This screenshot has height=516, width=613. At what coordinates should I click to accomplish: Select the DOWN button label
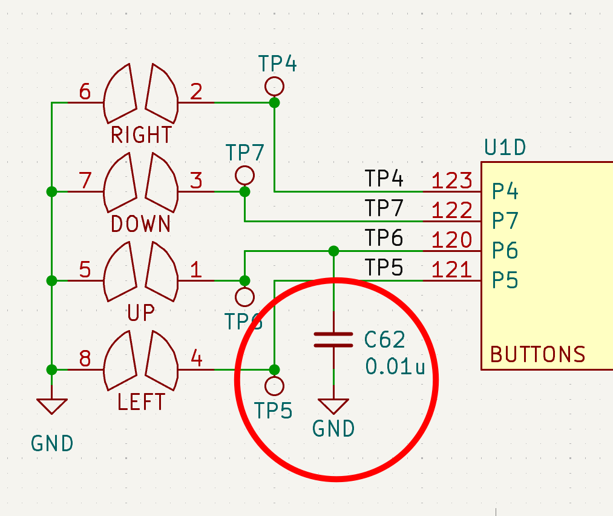pos(141,224)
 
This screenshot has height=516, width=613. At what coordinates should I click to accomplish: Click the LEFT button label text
pos(141,402)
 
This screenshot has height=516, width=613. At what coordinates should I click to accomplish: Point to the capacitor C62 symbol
pos(333,340)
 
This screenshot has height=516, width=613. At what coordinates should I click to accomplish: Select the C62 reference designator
pos(385,340)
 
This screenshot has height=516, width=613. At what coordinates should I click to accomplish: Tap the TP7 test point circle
pos(244,176)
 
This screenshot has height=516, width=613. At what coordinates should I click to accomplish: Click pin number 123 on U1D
pos(451,180)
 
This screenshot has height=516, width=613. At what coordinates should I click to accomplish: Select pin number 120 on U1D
pos(451,240)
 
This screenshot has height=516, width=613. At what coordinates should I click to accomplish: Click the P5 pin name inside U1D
pos(505,280)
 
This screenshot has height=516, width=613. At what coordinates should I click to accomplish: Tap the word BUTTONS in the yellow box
pos(537,354)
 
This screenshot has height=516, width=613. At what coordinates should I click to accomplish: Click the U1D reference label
pos(505,147)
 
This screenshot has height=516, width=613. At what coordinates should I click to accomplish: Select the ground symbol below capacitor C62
pos(333,406)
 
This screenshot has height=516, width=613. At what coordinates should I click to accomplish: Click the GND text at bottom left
pos(52,444)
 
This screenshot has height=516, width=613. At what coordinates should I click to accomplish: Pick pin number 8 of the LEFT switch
pos(85,359)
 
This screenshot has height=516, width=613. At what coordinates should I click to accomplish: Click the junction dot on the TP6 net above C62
pos(333,251)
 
